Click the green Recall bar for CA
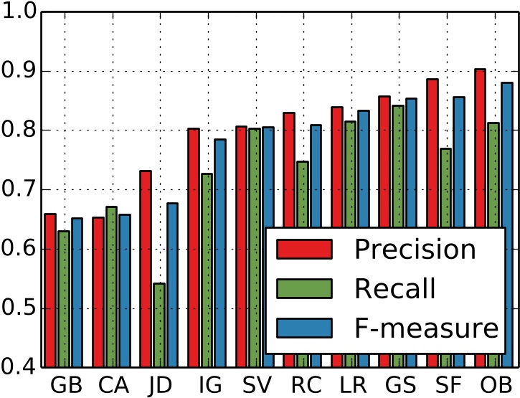point(110,287)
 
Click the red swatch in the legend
point(305,249)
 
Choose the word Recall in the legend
point(394,288)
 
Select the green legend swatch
point(305,288)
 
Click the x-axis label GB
point(66,385)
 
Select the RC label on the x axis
point(306,385)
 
